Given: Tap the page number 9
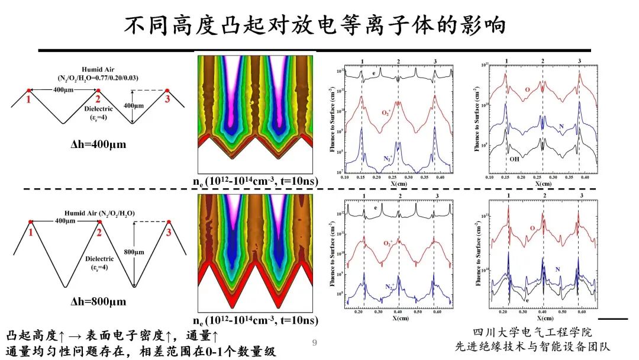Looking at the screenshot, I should click(315, 342).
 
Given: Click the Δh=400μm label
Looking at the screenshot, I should click(98, 143).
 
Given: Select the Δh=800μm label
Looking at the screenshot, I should click(98, 301).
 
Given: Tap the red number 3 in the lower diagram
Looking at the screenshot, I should click(169, 232).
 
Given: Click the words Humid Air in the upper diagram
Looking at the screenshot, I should click(98, 69).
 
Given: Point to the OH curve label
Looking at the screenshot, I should click(515, 158).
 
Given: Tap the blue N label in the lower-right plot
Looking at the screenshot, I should click(558, 269).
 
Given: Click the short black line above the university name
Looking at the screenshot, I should click(616, 319).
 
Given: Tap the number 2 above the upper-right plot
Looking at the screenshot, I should click(543, 62).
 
